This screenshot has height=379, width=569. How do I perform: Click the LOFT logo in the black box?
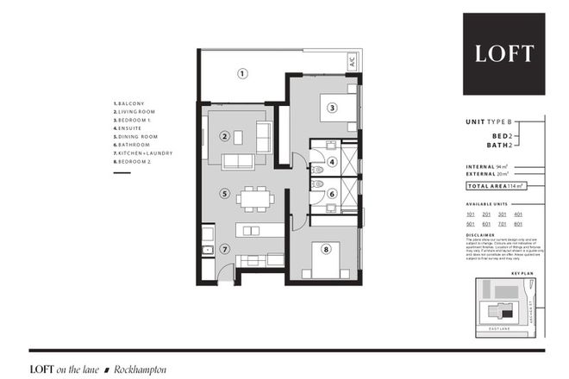(x=504, y=53)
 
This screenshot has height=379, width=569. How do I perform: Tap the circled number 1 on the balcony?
(x=243, y=73)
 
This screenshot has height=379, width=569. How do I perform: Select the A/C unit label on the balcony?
(x=352, y=61)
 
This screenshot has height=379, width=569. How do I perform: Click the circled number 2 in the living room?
(x=224, y=135)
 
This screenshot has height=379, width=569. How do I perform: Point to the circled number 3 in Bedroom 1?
(x=330, y=108)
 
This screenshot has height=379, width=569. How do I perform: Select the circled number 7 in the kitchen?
(x=224, y=250)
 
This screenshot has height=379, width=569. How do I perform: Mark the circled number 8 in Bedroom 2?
(x=325, y=251)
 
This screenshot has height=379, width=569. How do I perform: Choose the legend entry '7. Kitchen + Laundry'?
(x=143, y=153)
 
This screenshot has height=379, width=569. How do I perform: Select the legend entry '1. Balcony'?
(x=131, y=104)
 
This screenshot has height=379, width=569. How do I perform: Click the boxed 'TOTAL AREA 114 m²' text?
(x=497, y=185)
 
